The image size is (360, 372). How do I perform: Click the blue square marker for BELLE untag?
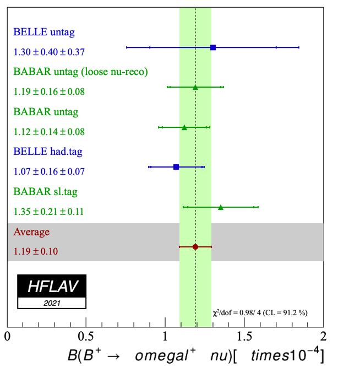[x=213, y=47]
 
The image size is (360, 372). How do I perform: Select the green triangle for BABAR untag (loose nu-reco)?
[x=195, y=87]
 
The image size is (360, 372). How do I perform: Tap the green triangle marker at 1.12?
[x=184, y=127]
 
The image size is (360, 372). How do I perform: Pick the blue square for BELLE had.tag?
[x=176, y=166]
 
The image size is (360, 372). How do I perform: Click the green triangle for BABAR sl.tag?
[x=221, y=207]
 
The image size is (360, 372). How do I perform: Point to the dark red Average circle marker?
[x=195, y=247]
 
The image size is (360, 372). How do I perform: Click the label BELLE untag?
[x=44, y=32]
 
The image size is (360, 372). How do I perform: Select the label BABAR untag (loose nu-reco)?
[x=80, y=72]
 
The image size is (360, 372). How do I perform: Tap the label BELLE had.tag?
[x=48, y=151]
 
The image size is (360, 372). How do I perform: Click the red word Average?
[x=31, y=232]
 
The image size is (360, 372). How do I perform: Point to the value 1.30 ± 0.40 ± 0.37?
[x=49, y=52]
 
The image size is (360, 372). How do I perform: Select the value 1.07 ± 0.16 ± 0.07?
[x=49, y=171]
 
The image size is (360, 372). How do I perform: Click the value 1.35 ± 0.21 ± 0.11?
[x=49, y=211]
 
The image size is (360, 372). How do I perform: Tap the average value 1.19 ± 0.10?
[x=36, y=252]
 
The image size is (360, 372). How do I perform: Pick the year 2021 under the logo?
[x=52, y=303]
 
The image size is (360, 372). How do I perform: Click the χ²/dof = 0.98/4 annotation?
[x=260, y=312]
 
